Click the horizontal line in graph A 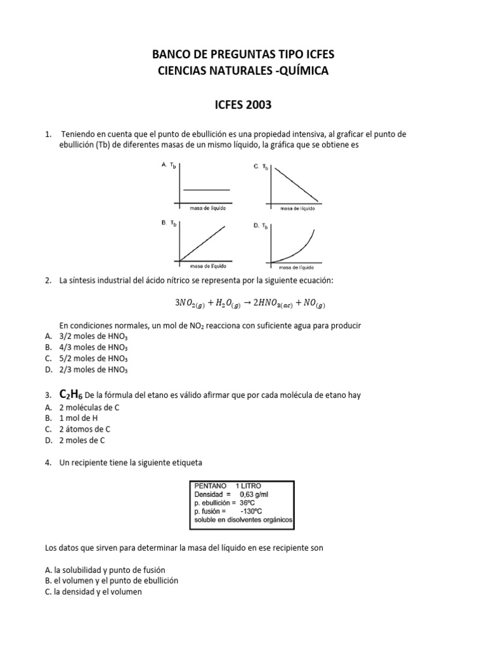[206, 190]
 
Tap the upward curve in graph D [298, 250]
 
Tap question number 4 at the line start [48, 463]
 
